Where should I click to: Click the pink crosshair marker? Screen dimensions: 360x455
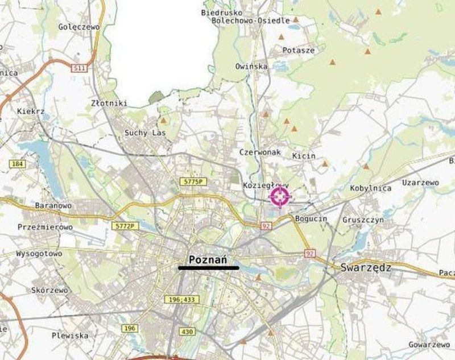280,197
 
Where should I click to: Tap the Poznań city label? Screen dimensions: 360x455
208,259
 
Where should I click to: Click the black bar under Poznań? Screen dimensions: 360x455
209,267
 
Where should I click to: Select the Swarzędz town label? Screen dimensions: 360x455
366,267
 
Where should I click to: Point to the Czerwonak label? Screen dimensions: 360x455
260,152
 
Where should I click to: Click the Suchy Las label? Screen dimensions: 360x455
144,133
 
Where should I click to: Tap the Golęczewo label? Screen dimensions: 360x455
79,26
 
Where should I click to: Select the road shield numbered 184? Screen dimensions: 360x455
16,164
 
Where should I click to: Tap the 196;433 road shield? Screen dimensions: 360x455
182,299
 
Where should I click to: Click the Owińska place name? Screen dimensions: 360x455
251,67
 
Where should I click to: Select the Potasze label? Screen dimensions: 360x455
299,50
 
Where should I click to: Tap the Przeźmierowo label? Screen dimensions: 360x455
45,227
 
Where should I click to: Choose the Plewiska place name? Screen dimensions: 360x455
70,335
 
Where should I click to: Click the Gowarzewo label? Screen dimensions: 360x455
429,345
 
